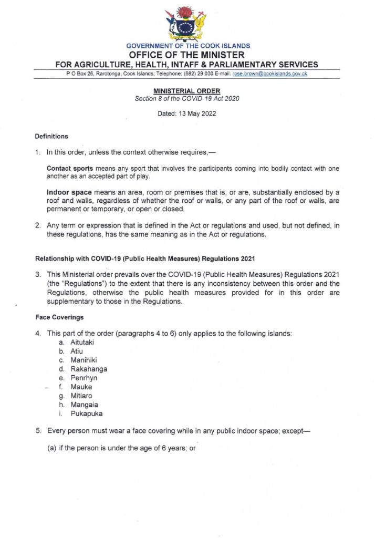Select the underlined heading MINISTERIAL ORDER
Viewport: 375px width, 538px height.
click(187, 91)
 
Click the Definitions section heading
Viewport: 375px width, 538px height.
click(51, 137)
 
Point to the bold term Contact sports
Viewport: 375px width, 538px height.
click(66, 169)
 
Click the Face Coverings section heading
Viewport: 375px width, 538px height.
click(59, 317)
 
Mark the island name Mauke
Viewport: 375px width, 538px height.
click(80, 387)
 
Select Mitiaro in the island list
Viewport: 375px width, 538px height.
click(82, 396)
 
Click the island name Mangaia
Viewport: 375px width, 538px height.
click(84, 405)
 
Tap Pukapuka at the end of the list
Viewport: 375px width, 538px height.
click(87, 414)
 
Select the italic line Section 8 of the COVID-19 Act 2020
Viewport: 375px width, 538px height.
click(187, 99)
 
